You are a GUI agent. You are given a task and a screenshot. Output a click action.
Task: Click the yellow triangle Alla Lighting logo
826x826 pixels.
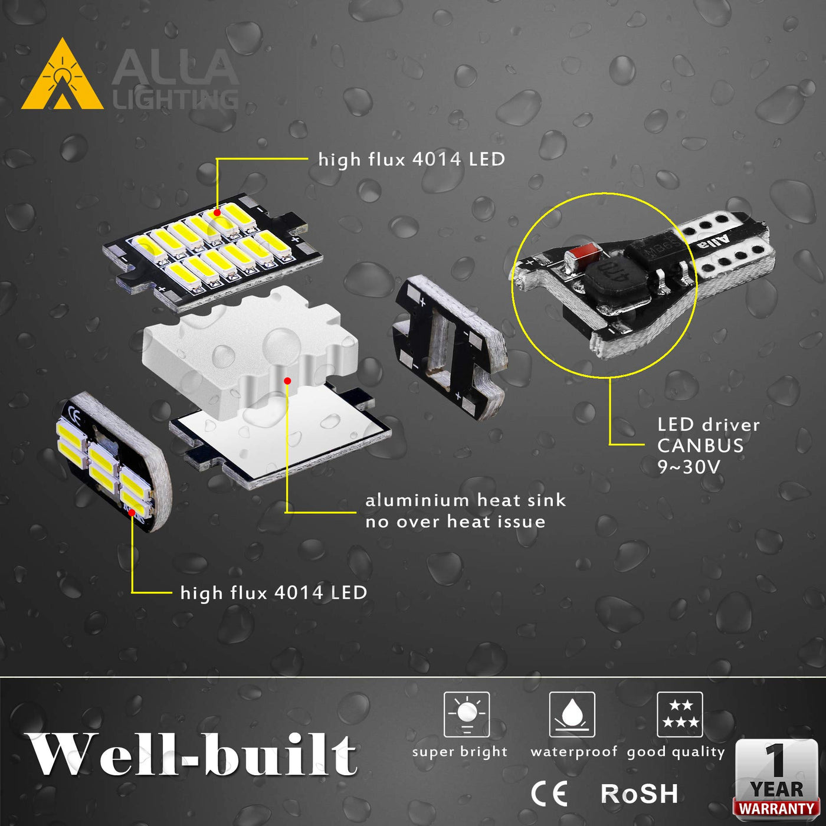(63, 75)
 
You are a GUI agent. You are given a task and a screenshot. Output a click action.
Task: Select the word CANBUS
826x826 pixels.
(700, 446)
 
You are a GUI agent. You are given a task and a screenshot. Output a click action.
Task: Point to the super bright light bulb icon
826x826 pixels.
(467, 714)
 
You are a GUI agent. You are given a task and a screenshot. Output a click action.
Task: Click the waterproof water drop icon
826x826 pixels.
(572, 714)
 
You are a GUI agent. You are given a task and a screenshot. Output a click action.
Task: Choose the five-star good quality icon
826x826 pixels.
(680, 714)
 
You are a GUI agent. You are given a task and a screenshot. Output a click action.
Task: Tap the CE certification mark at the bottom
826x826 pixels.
(549, 794)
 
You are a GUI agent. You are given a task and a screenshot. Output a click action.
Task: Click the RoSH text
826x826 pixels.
(639, 794)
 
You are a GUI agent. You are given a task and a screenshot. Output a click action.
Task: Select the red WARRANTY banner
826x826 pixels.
(776, 808)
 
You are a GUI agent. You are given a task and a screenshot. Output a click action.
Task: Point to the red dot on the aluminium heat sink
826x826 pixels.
(287, 381)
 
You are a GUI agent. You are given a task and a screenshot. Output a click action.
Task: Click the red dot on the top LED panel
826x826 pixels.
(217, 212)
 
